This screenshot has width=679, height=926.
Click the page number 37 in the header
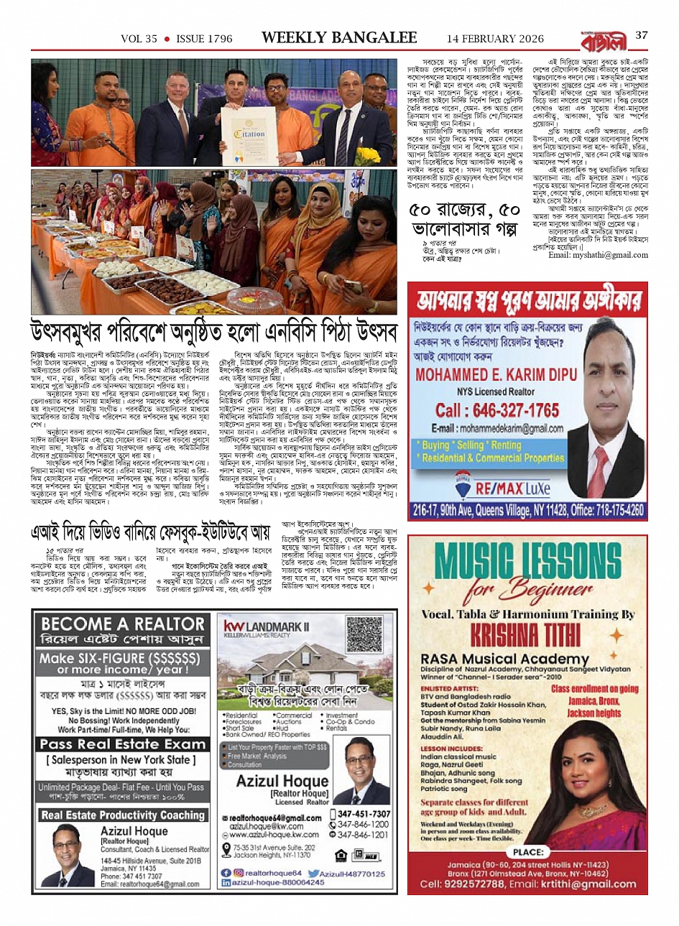[642, 35]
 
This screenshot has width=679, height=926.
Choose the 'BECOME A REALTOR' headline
[123, 624]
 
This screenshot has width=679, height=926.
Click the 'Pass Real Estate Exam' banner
[123, 744]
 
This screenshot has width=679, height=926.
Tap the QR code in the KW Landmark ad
[364, 634]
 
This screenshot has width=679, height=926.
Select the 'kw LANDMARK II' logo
[266, 627]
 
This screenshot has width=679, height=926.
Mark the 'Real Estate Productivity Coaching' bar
[123, 815]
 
